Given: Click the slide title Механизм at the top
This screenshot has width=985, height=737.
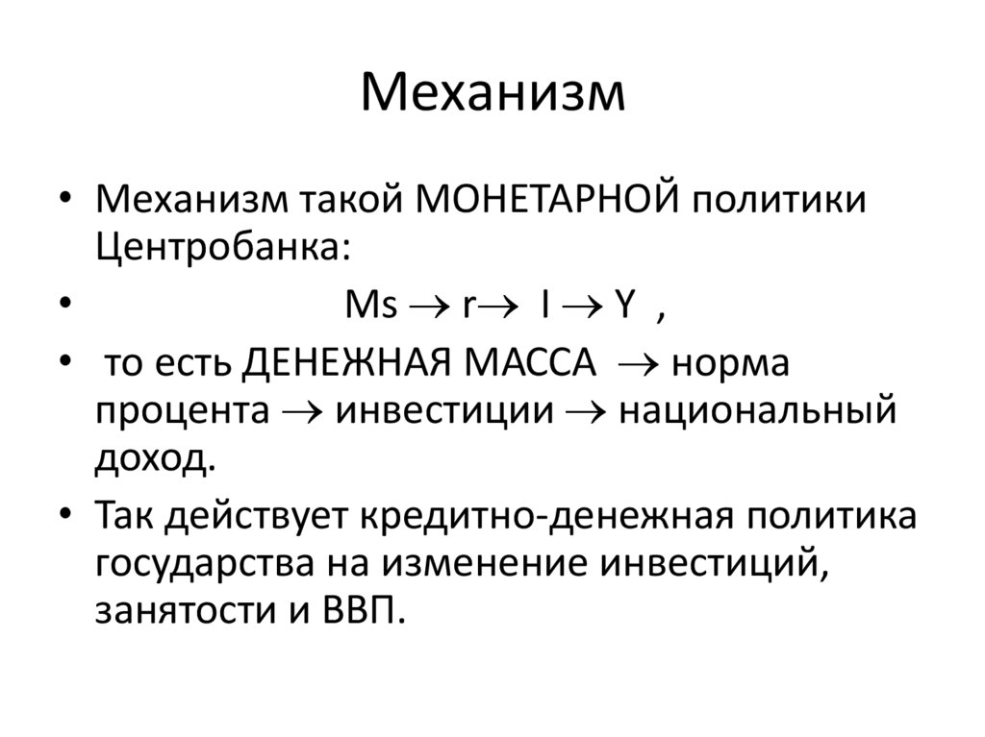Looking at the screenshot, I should pos(492,94).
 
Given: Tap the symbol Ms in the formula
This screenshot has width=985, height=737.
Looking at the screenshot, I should pos(370,307).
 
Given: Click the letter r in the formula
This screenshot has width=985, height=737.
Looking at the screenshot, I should pos(467,307).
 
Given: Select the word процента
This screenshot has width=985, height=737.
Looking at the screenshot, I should pos(181,415).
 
